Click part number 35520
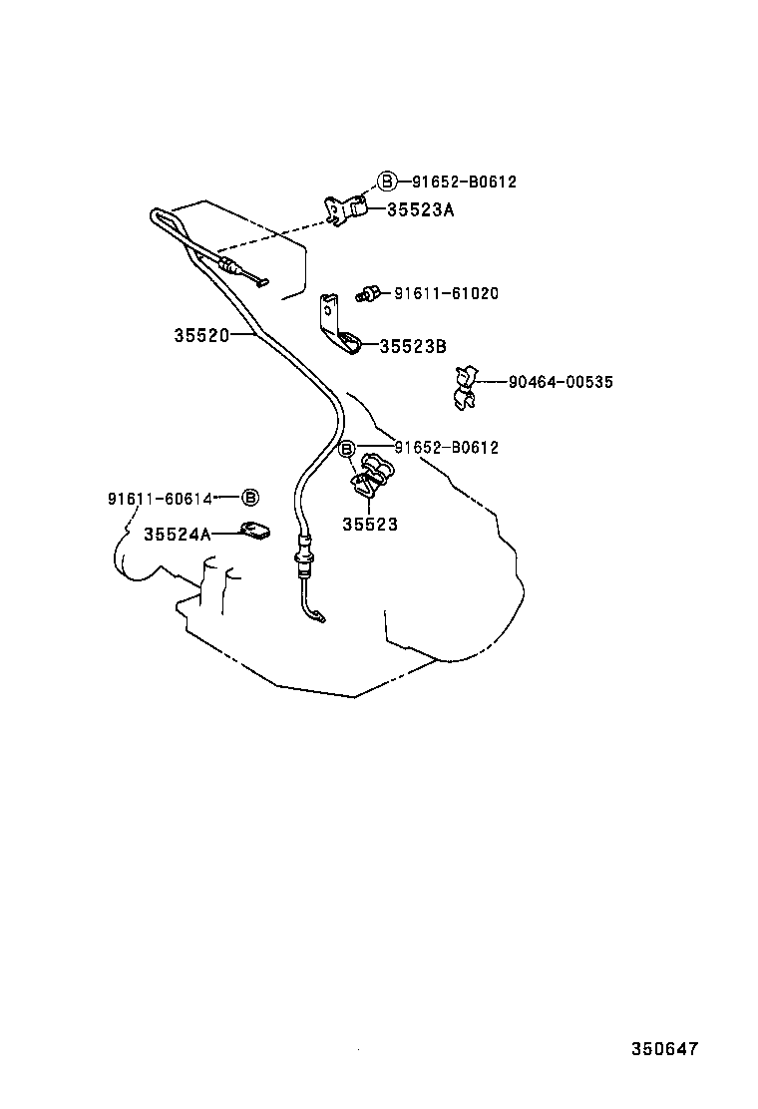pyautogui.click(x=201, y=336)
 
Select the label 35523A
pyautogui.click(x=420, y=210)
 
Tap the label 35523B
pyautogui.click(x=413, y=346)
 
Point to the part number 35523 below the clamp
pyautogui.click(x=370, y=524)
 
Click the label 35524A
pyautogui.click(x=178, y=534)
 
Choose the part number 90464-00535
pyautogui.click(x=560, y=382)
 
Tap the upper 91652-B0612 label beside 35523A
pyautogui.click(x=464, y=182)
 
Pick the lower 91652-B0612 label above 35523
pyautogui.click(x=446, y=448)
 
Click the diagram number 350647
pyautogui.click(x=664, y=1049)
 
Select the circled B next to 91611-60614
pyautogui.click(x=251, y=497)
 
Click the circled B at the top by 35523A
pyautogui.click(x=387, y=181)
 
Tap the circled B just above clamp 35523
pyautogui.click(x=346, y=450)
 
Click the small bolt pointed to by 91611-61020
pyautogui.click(x=369, y=293)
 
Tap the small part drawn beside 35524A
pyautogui.click(x=254, y=532)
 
